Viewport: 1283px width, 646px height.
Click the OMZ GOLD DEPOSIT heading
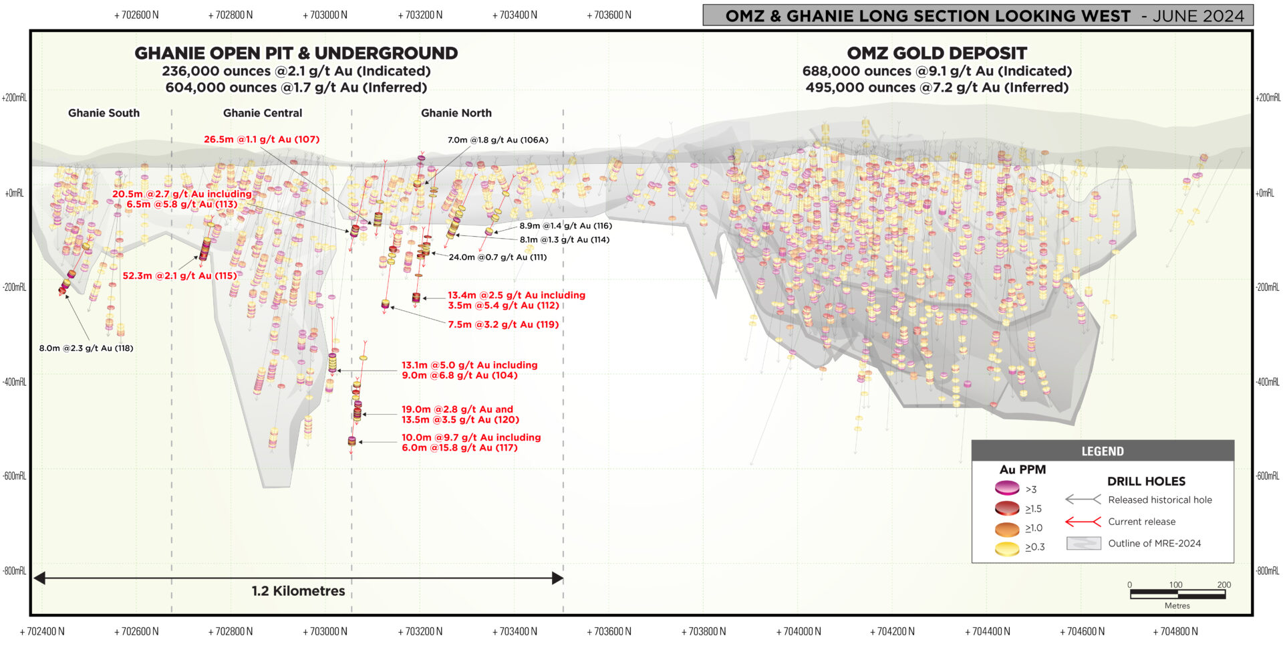point(937,53)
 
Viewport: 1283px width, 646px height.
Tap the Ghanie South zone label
point(104,113)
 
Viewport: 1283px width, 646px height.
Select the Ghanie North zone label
point(456,113)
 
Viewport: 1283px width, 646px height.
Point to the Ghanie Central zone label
point(263,113)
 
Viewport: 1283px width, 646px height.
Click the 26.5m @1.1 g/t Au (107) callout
point(261,139)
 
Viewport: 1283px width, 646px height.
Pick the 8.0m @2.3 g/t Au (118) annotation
point(86,348)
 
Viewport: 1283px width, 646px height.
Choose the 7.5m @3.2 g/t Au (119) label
point(503,324)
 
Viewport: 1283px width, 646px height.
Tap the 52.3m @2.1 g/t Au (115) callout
point(180,276)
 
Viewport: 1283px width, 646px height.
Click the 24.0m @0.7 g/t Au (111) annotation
point(497,257)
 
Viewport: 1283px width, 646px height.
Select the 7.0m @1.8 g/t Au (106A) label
point(498,140)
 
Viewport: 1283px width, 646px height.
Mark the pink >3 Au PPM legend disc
point(1007,488)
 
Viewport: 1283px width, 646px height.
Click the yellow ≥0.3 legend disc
point(1007,548)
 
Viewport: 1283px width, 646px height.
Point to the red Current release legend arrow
point(1083,522)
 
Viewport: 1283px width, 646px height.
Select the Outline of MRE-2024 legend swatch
point(1083,543)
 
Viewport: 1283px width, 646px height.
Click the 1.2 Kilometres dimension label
point(298,591)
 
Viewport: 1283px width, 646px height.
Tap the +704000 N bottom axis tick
point(799,631)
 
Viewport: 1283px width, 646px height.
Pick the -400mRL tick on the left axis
point(14,382)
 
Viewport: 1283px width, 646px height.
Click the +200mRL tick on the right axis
point(1268,98)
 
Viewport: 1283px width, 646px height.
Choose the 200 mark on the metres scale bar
point(1224,584)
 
